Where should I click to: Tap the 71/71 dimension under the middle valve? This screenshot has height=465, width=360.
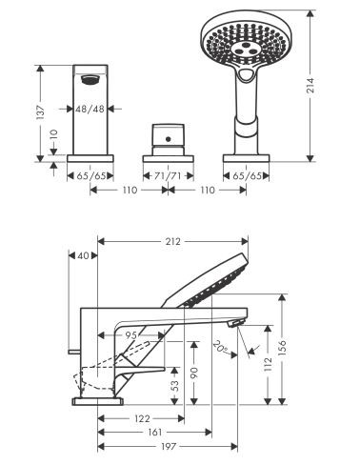click(x=169, y=175)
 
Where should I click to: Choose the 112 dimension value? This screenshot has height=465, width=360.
click(x=268, y=364)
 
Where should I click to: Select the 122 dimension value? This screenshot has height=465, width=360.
click(x=140, y=417)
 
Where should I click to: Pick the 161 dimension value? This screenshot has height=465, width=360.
click(x=153, y=432)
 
